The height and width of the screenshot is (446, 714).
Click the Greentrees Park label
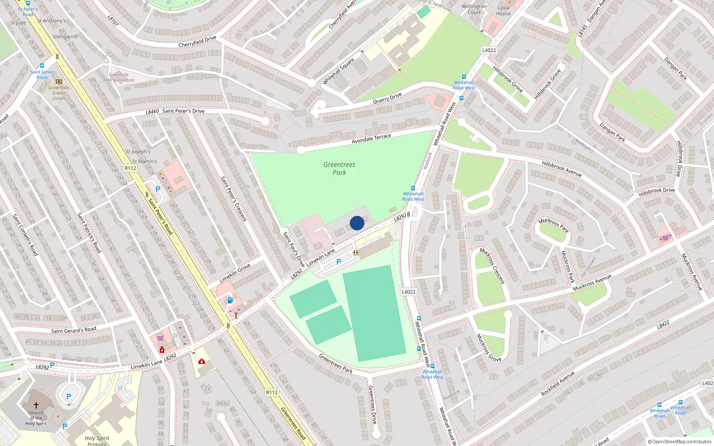coord(339,168)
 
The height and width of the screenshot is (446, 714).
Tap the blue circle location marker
coord(357,223)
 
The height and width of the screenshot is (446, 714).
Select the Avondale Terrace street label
coord(371,138)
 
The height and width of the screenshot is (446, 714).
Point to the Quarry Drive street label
coord(387,98)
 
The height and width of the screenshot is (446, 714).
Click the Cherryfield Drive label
coord(197,42)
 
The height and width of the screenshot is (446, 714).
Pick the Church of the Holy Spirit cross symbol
coord(36,405)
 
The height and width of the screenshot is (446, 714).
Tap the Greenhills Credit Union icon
coord(59,81)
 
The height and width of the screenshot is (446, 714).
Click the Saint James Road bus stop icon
coord(42,66)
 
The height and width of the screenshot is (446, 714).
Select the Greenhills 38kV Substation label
coord(118,78)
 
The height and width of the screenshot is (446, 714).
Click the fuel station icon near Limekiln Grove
coord(230,300)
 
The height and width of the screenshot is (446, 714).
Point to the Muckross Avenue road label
coord(592,283)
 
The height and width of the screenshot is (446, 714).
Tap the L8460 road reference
coord(152,111)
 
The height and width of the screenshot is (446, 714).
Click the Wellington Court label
coord(474,9)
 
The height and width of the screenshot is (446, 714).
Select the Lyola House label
coord(503,11)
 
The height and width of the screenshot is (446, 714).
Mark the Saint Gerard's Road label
coord(74,330)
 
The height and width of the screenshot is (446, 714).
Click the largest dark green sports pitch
coord(374,313)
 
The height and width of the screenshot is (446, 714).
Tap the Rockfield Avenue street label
coord(557,384)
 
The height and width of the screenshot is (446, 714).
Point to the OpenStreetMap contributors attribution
coord(679,442)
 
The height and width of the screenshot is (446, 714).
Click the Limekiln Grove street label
coord(235,273)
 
